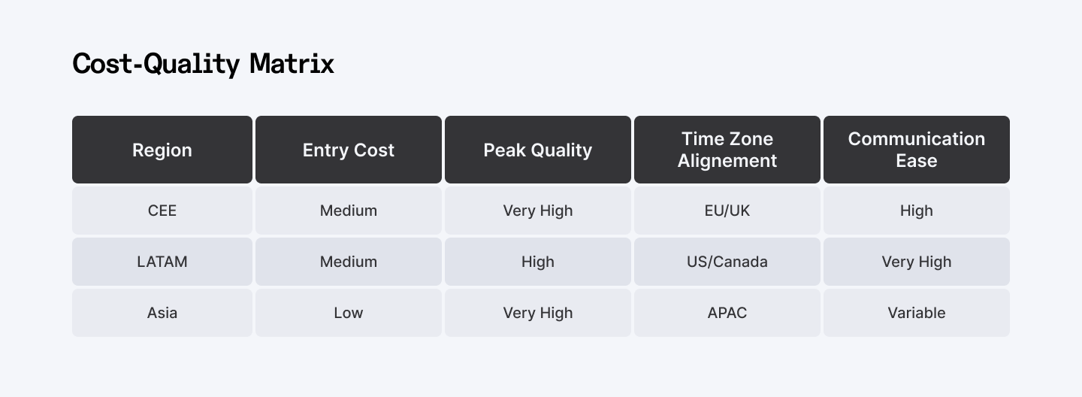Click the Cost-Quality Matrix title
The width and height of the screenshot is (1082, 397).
(203, 64)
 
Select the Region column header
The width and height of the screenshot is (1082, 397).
(162, 150)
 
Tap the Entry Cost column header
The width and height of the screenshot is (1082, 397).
(349, 150)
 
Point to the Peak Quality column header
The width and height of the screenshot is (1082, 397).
(538, 150)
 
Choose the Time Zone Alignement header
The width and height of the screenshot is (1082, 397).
(727, 150)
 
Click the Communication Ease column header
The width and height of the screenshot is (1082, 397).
(917, 150)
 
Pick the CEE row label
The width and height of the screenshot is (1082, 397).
(162, 211)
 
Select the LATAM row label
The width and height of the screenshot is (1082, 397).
(162, 262)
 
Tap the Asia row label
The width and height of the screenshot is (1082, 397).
(162, 313)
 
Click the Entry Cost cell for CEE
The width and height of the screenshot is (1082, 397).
(349, 211)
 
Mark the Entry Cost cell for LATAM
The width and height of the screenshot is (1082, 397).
(349, 262)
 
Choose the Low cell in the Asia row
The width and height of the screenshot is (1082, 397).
(349, 313)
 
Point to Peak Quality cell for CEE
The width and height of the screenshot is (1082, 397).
(538, 211)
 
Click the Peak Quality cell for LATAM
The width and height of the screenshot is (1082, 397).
(538, 262)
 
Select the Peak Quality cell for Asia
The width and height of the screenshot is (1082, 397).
(538, 313)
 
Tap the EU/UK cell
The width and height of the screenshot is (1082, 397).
(727, 211)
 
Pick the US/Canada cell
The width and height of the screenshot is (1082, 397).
(727, 262)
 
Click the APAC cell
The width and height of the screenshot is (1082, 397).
(727, 313)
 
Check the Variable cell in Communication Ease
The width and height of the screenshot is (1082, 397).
(917, 313)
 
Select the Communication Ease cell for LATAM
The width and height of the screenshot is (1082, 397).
(917, 262)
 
